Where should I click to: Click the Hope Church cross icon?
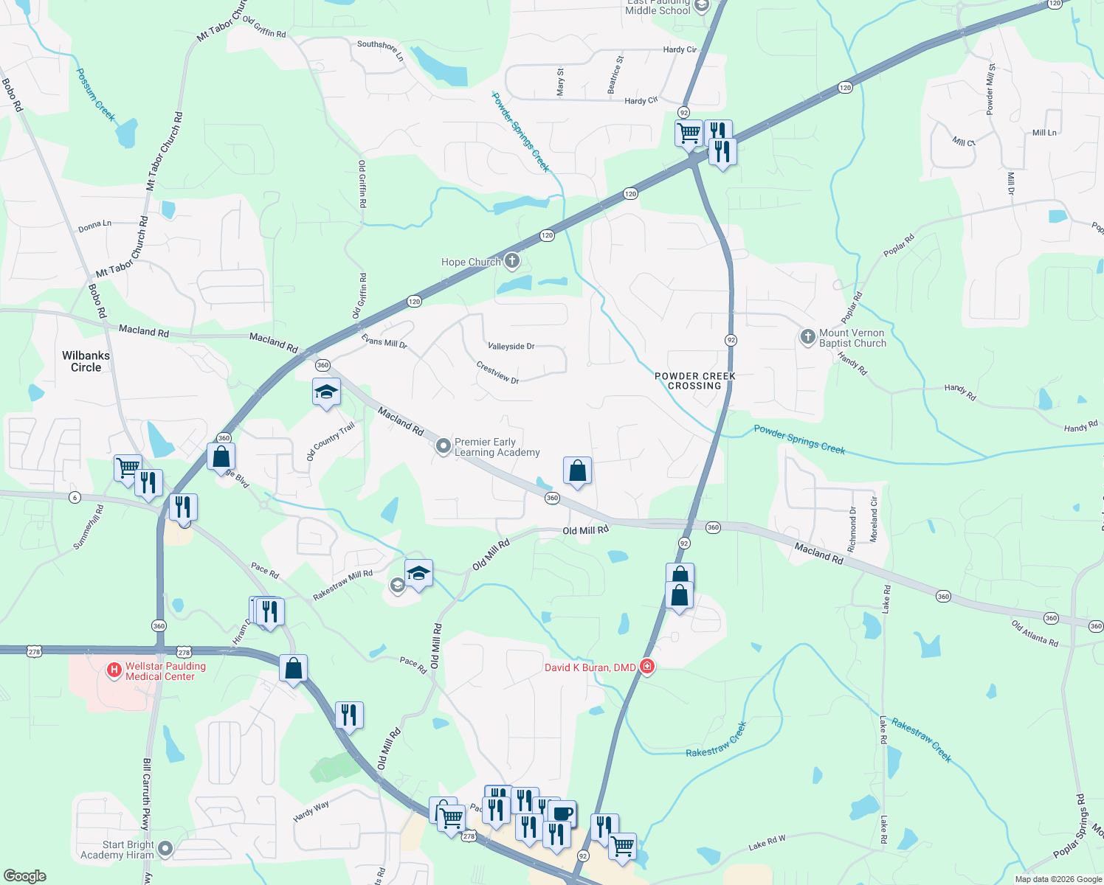[x=512, y=261]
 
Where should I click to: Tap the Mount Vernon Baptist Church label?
[x=852, y=338]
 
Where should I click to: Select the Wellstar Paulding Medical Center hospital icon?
[x=114, y=670]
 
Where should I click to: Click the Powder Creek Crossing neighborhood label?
[x=694, y=381]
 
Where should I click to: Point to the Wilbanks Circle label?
[x=86, y=361]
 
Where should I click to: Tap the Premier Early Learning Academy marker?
[x=443, y=446]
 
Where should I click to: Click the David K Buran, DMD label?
[x=590, y=667]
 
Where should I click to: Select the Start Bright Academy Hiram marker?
[x=165, y=850]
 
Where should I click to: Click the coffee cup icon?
[x=562, y=813]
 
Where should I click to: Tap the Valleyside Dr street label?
[x=511, y=346]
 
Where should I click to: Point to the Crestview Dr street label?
[x=497, y=372]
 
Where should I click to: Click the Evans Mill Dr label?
[x=384, y=342]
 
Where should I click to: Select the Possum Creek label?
[x=96, y=94]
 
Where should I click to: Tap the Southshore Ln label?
[x=381, y=49]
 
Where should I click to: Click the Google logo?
[x=24, y=875]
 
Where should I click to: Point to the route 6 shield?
[x=75, y=497]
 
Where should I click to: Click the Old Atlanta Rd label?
[x=1035, y=634]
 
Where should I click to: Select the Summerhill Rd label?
[x=89, y=527]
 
